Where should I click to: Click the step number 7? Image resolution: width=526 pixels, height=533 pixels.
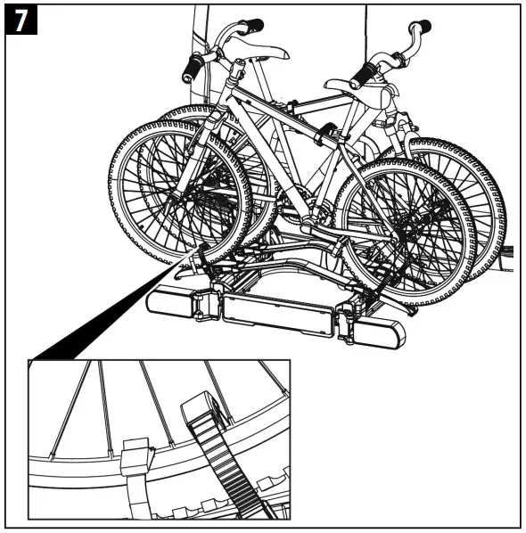click(19, 19)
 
